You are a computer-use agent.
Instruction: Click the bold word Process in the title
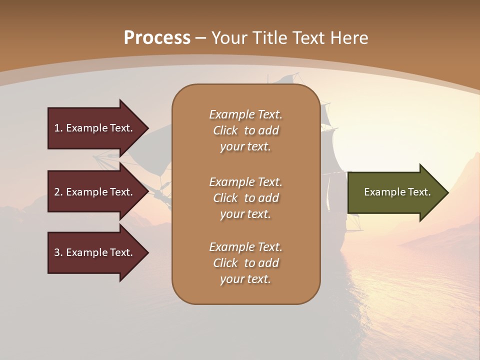157,38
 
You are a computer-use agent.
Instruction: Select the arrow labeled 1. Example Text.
95,128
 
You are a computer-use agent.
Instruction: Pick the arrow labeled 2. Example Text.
95,192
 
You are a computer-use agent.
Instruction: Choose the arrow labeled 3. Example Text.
95,252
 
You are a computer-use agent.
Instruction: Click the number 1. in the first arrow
58,128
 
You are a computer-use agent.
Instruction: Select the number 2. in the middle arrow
58,192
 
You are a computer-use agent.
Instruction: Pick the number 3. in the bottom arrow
58,252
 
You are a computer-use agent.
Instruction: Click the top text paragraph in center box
245,130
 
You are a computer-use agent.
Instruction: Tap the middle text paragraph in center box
245,197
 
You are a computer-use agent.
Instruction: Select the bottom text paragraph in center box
245,263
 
